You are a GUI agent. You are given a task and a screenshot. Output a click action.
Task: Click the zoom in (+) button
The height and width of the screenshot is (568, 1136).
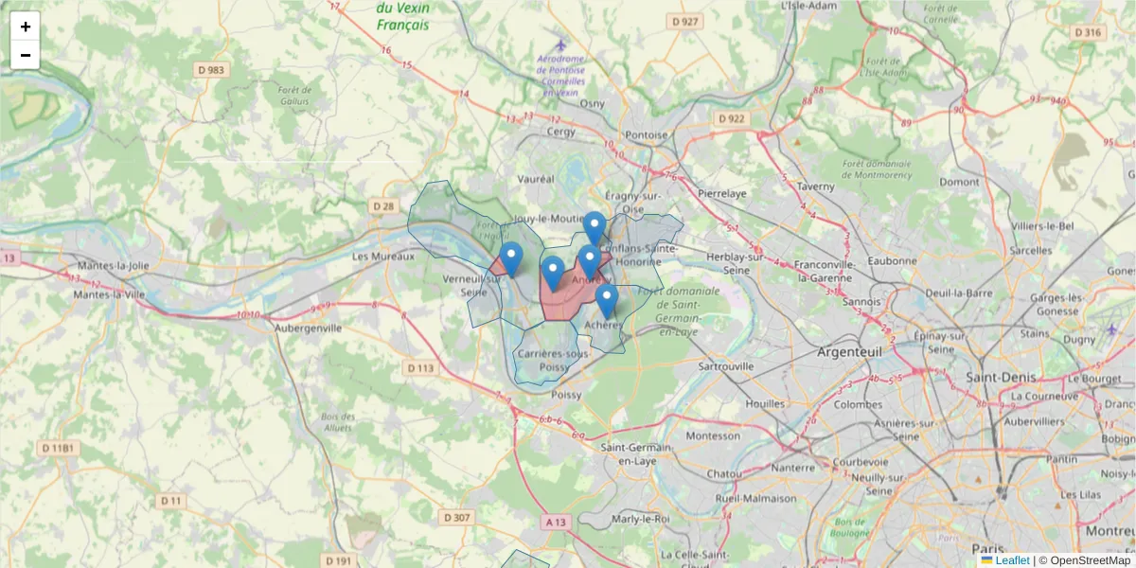coord(26,27)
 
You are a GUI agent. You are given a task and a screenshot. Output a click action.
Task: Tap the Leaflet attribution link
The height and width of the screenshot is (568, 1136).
coord(1011,560)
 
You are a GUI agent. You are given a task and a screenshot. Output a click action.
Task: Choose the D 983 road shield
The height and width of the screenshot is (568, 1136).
coord(211,70)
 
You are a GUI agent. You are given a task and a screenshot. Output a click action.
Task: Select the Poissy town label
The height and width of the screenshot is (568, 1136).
coord(566,395)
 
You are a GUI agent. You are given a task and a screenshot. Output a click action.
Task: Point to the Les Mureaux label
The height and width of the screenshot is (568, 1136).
coord(383,257)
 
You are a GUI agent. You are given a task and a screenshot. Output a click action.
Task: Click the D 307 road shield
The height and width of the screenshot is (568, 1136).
coord(456,517)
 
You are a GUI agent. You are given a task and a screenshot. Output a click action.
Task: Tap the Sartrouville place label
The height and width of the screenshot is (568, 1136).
coord(725,365)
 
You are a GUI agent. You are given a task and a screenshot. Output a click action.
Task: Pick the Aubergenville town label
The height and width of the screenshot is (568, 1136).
coord(308,328)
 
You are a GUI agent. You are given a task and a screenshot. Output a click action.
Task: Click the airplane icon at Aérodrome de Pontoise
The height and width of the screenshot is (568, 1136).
coord(561,44)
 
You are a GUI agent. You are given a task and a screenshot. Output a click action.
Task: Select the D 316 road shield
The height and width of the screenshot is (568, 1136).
coord(1089,32)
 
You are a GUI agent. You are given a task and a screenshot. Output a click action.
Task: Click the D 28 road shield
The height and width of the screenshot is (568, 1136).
coord(383,205)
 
